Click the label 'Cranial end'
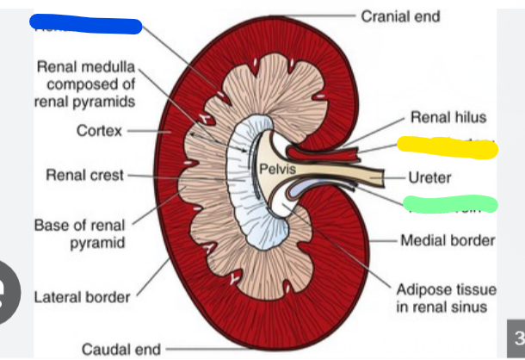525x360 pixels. pyautogui.click(x=400, y=16)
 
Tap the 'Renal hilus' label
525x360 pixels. pyautogui.click(x=448, y=117)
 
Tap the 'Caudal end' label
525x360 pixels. pyautogui.click(x=121, y=349)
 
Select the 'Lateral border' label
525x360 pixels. pyautogui.click(x=82, y=298)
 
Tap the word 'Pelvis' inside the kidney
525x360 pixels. pyautogui.click(x=277, y=167)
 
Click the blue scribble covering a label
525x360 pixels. pyautogui.click(x=86, y=24)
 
